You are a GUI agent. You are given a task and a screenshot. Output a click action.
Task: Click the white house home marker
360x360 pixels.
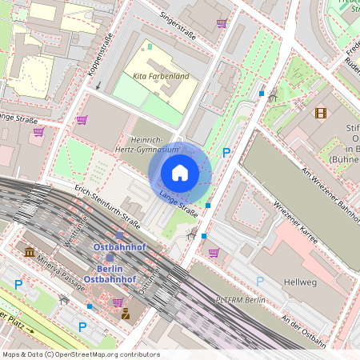pyautogui.click(x=180, y=172)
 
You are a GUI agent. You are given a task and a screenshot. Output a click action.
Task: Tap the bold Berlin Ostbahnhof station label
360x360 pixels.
pyautogui.click(x=109, y=274)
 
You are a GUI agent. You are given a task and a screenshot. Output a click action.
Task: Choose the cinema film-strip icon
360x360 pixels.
pyautogui.click(x=321, y=113)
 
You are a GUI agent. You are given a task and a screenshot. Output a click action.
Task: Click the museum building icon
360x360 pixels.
pyautogui.click(x=30, y=253)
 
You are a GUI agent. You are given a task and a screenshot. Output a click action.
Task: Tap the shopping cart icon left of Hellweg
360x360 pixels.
pyautogui.click(x=214, y=253)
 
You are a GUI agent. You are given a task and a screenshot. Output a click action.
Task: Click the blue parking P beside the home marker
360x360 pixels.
pyautogui.click(x=226, y=152)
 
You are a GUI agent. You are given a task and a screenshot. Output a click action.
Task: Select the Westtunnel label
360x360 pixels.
pyautogui.click(x=78, y=232)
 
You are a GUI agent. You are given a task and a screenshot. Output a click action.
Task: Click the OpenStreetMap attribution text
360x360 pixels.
pyautogui.click(x=70, y=354)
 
